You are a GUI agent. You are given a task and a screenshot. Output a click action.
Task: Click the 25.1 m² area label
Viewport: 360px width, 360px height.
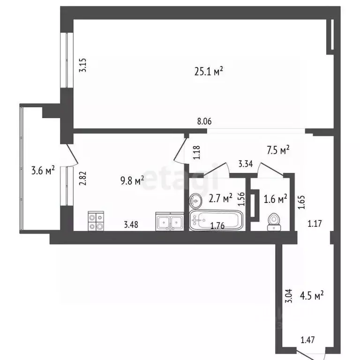208,71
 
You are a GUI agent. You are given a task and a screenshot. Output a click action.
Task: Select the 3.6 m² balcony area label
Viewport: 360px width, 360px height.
43,170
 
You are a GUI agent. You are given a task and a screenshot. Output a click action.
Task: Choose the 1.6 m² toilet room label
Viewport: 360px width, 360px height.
276,199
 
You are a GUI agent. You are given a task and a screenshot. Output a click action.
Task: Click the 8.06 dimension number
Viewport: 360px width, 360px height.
204,122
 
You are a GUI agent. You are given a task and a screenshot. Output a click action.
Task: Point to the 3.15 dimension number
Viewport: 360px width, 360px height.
83,64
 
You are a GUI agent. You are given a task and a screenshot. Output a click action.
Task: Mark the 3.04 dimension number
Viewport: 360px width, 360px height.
289,296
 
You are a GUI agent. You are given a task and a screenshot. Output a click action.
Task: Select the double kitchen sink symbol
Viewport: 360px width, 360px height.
170,222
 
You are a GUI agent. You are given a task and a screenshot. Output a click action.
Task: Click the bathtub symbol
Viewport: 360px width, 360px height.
216,220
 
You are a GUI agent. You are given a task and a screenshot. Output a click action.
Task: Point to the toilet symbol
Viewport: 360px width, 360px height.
274,222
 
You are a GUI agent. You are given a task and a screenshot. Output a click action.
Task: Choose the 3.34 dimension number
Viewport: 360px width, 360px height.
246,164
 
